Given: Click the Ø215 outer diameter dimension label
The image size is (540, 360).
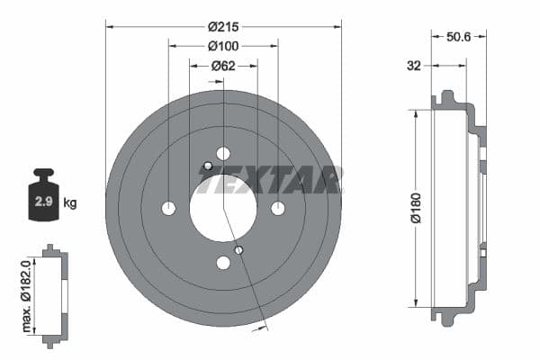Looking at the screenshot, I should (222, 26).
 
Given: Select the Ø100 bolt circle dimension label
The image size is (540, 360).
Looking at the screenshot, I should (222, 46).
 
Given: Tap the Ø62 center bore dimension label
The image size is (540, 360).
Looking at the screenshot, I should (222, 66).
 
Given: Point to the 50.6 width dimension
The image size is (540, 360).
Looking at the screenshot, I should (459, 37).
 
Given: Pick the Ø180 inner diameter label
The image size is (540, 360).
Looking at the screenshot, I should (415, 208).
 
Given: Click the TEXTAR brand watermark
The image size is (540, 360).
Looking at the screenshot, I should (270, 179).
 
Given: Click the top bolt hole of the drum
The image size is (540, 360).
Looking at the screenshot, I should (223, 153).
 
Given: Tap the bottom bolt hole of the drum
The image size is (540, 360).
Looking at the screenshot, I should (223, 263).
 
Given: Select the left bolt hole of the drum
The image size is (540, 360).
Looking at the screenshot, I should (168, 208).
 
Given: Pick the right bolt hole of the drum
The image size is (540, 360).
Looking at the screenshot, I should (278, 208).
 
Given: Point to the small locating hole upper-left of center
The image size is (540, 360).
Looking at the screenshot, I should (208, 166).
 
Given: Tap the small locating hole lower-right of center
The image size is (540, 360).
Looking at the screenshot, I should (238, 249).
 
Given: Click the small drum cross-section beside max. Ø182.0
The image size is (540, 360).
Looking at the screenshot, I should (55, 294).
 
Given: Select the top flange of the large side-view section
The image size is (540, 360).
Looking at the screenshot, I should (445, 98).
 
